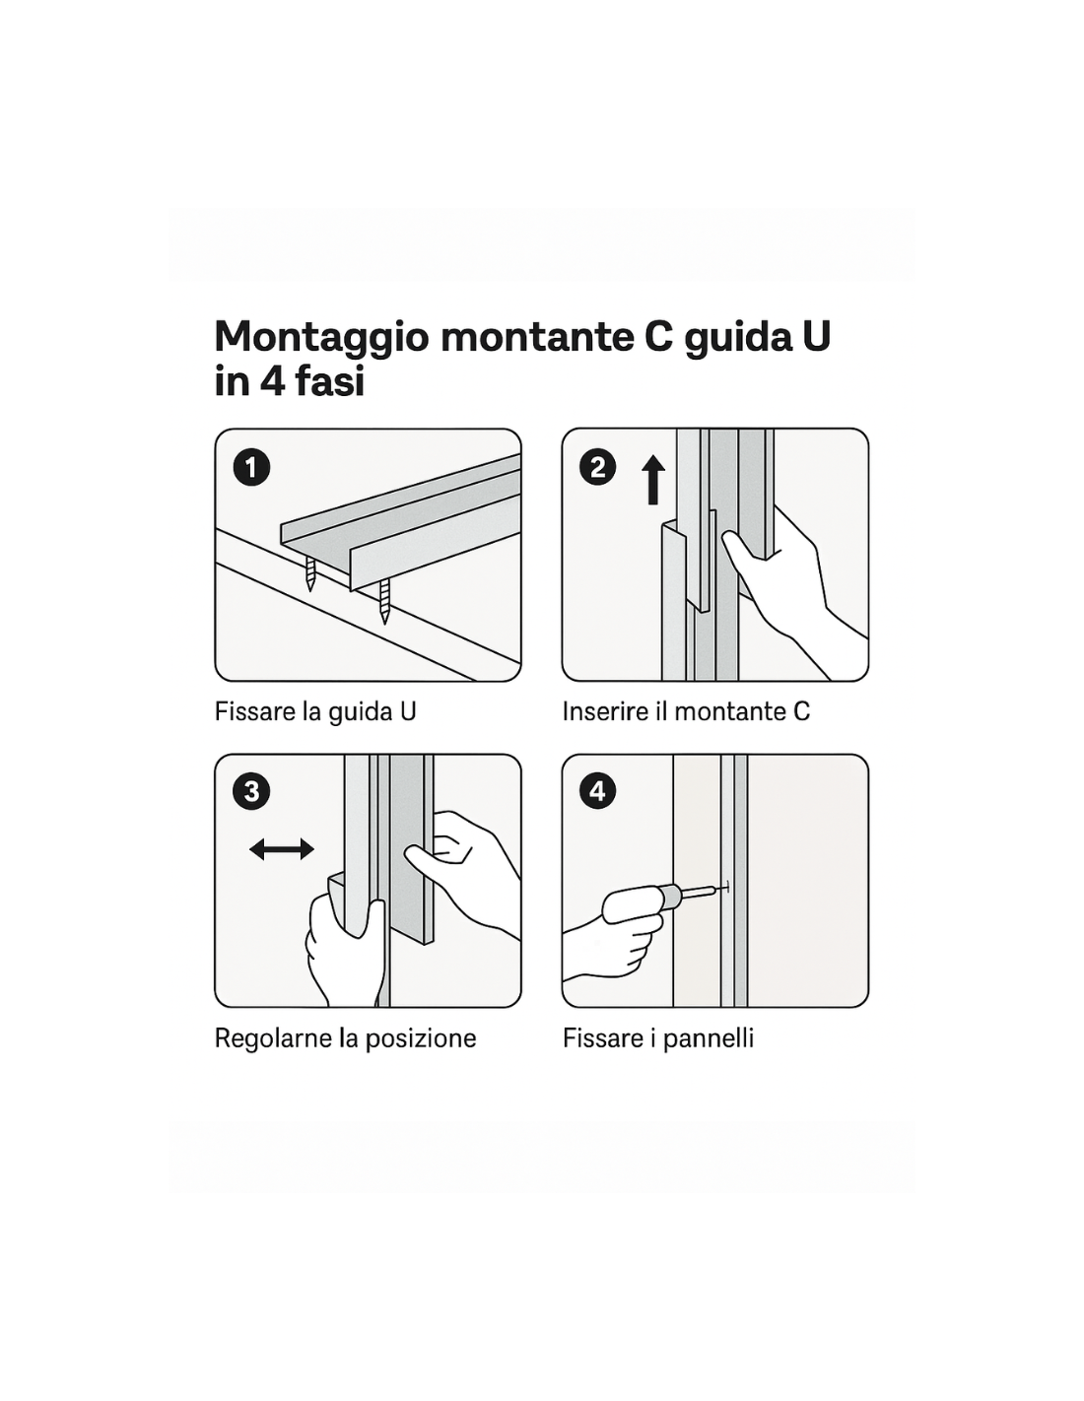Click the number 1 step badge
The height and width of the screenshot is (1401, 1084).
(x=251, y=468)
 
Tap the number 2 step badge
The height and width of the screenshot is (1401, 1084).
(x=598, y=468)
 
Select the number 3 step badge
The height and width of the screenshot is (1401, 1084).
(x=251, y=791)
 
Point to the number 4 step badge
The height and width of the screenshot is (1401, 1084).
(x=598, y=791)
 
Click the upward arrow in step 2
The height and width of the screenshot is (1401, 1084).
(x=653, y=480)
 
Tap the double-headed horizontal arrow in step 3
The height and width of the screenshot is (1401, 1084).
(x=282, y=849)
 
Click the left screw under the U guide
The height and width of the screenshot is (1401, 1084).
(x=310, y=573)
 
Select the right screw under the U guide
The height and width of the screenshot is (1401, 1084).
(x=384, y=601)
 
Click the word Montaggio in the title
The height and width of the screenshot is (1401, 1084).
(x=321, y=338)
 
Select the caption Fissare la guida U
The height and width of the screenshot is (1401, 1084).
(x=315, y=712)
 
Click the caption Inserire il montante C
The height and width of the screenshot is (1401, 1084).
(x=686, y=711)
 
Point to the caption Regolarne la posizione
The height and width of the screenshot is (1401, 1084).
(x=346, y=1038)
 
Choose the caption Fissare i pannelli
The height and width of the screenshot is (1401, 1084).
(x=657, y=1038)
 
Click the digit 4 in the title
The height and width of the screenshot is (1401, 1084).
(x=271, y=382)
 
